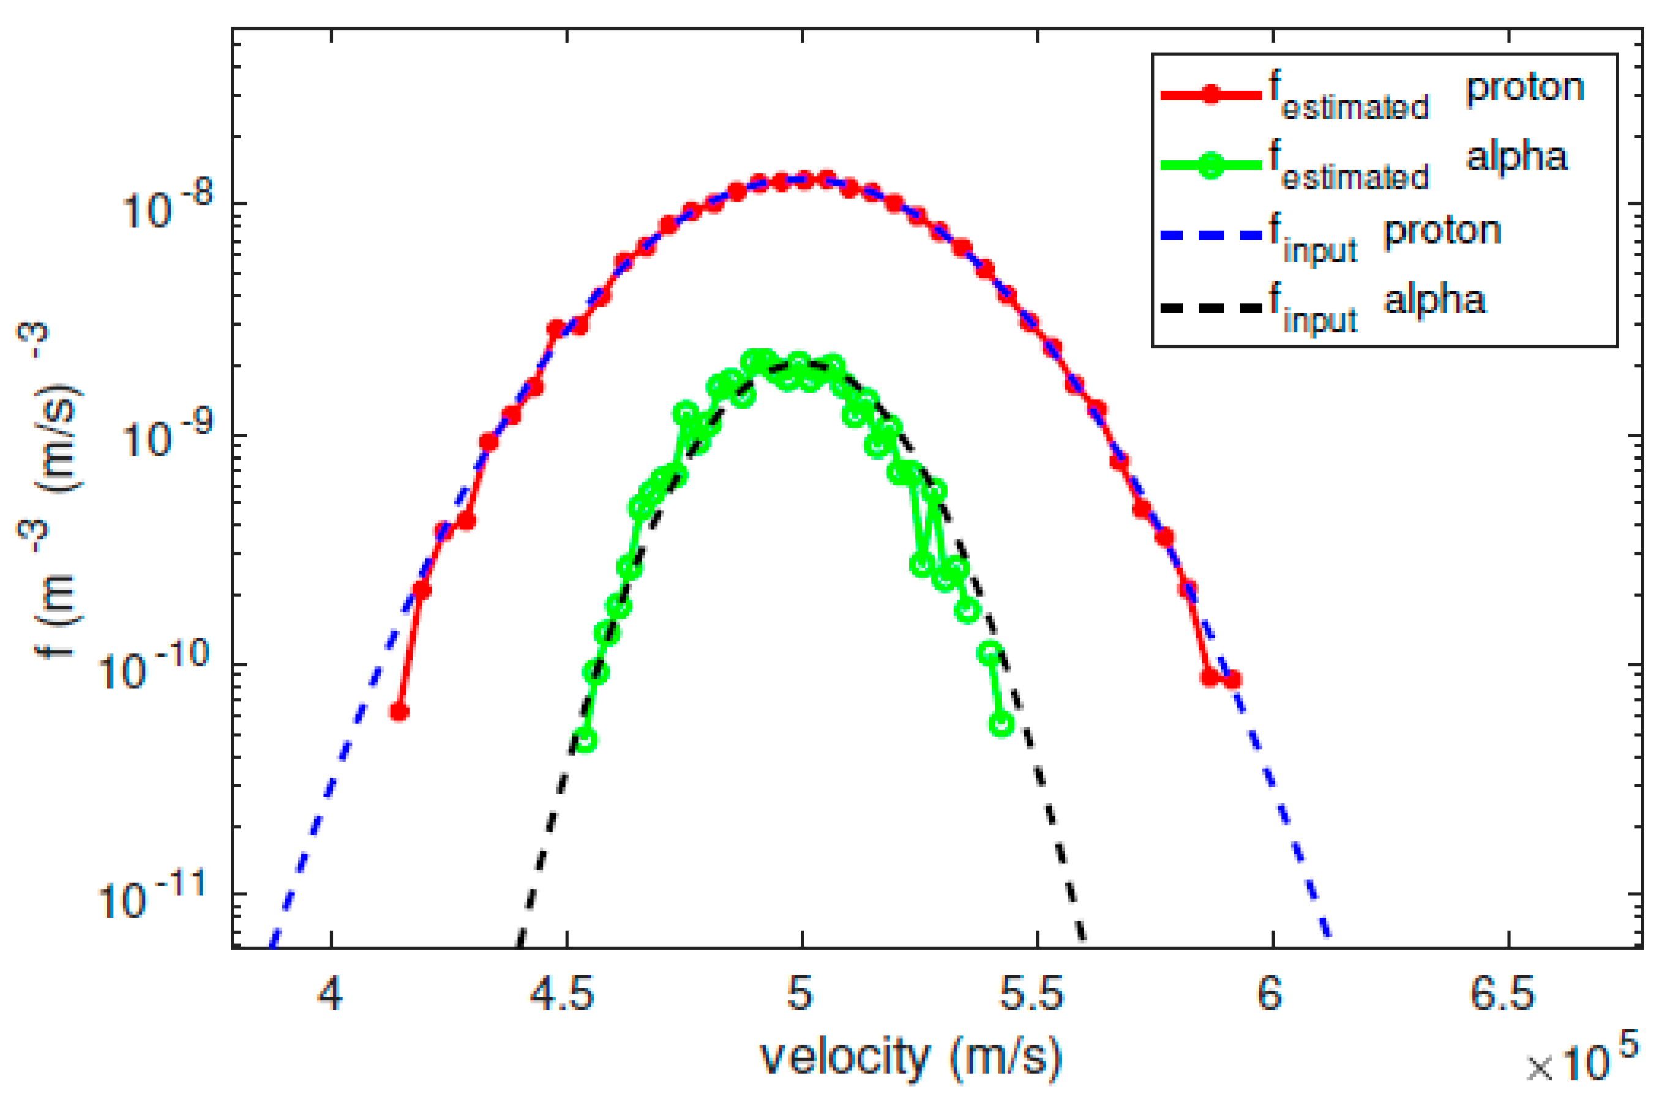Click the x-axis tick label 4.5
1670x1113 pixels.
point(561,994)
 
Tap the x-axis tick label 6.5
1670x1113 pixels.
point(1502,994)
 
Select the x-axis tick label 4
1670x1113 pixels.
point(330,994)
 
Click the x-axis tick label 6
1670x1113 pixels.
point(1270,994)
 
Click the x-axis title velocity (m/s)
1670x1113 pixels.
point(911,1059)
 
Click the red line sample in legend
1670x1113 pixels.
point(1211,94)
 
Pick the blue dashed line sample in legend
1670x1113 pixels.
point(1211,235)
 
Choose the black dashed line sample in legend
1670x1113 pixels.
point(1211,307)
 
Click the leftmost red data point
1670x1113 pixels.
point(400,712)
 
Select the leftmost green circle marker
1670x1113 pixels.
point(586,740)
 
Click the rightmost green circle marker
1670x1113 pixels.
point(1001,724)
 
